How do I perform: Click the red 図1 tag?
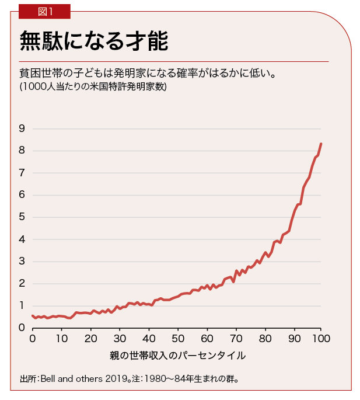point(44,11)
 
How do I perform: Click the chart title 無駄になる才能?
point(94,42)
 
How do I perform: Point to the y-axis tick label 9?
point(22,128)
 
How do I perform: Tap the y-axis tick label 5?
point(22,217)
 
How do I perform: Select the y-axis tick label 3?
point(22,262)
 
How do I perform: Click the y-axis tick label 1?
point(22,306)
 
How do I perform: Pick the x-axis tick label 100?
point(321,339)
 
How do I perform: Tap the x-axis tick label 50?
point(177,339)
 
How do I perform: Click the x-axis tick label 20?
point(90,339)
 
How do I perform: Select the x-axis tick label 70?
point(235,339)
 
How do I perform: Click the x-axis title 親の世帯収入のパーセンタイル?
point(177,356)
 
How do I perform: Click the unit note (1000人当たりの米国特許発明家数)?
point(93,87)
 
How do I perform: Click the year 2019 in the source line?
point(113,378)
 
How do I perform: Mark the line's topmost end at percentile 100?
point(321,144)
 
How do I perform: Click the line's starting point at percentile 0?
point(32,316)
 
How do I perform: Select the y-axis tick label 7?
point(22,173)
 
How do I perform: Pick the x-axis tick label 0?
point(32,339)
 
